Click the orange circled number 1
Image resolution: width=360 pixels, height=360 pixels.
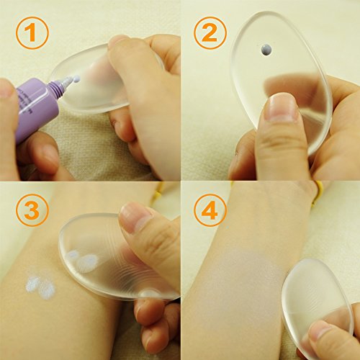point(32,33)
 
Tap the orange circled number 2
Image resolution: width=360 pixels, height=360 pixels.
point(210,33)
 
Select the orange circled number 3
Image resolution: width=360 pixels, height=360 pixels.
point(32,210)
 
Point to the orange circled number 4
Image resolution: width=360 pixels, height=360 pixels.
point(210,210)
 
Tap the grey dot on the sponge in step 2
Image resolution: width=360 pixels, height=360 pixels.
point(266,50)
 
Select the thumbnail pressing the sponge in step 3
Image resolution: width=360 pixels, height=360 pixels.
point(136,217)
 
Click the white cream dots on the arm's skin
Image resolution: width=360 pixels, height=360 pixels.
point(40,287)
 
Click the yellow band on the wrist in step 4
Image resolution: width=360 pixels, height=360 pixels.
point(318,192)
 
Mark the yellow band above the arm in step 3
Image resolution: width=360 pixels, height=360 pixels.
point(158,191)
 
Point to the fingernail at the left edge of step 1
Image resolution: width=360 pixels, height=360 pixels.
point(6,89)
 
